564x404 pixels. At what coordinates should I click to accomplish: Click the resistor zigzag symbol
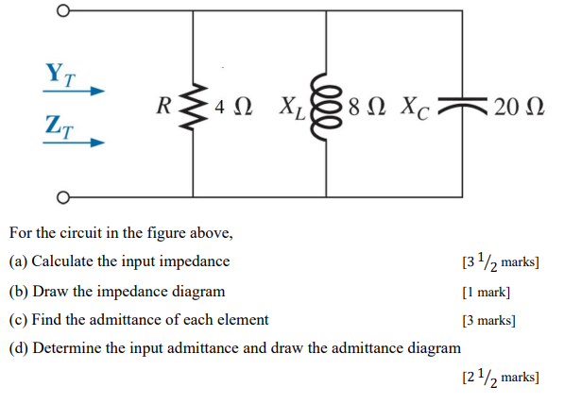point(194,106)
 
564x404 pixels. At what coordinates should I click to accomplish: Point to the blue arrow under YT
point(71,92)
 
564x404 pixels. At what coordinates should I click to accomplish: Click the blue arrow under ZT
point(71,144)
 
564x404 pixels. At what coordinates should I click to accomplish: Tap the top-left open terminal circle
point(63,12)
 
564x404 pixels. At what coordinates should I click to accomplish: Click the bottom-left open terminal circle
point(63,197)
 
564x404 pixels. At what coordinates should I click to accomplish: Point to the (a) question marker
point(18,261)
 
